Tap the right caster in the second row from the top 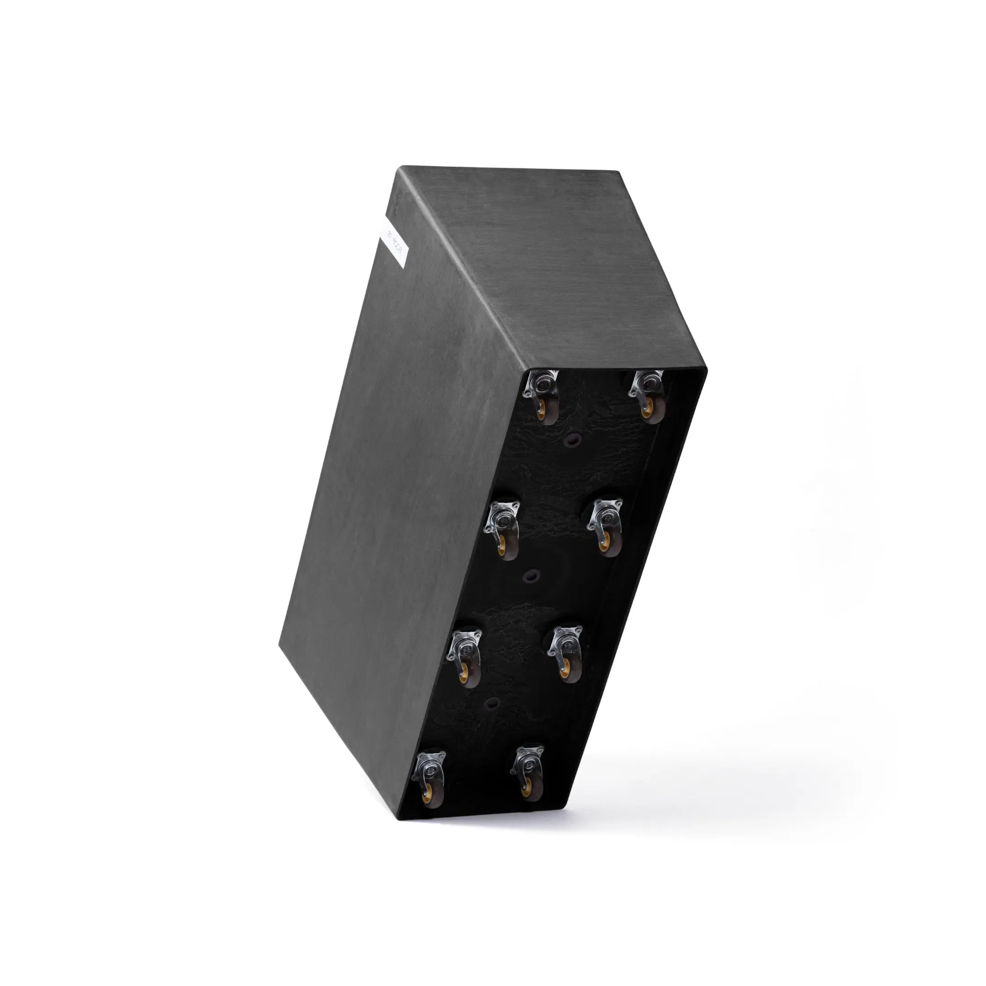click(606, 528)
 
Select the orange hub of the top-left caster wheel click(541, 413)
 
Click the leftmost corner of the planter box click(279, 644)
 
